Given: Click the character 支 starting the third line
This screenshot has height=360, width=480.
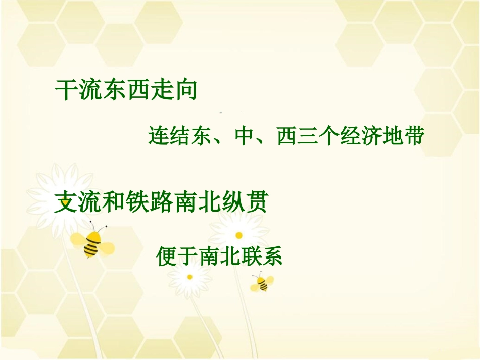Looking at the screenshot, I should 66,203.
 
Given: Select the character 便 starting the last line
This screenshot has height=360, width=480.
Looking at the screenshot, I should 167,256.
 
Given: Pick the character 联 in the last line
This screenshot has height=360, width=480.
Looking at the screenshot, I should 251,256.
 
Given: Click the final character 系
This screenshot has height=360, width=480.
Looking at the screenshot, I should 272,256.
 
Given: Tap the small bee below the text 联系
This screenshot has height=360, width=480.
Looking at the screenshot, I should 262,283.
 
